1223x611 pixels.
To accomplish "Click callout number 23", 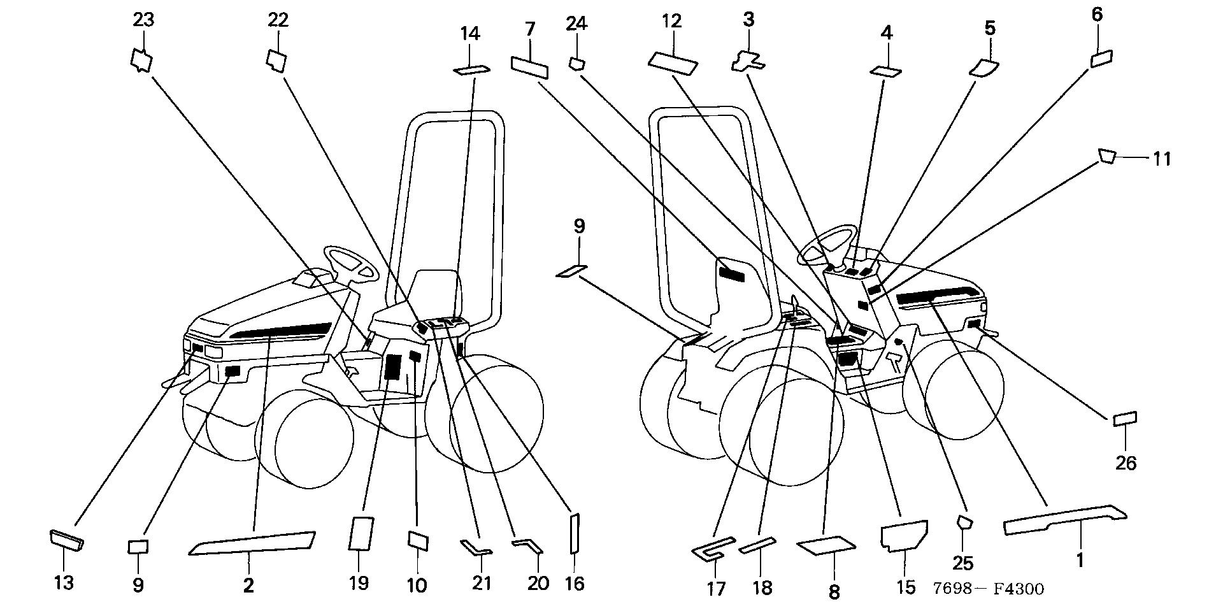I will click(x=143, y=20).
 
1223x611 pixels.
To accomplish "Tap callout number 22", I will click(x=278, y=20).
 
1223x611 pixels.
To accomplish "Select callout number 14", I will click(x=470, y=33).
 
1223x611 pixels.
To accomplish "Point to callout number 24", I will click(x=576, y=24).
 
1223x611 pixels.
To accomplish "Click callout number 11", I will click(x=1162, y=158).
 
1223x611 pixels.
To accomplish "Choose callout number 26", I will click(x=1126, y=463).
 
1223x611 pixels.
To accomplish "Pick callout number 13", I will click(x=64, y=582).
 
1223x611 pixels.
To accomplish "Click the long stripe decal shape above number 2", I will click(x=253, y=543).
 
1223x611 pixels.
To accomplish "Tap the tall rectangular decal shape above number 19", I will click(x=360, y=533).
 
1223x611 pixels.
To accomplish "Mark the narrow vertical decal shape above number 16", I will click(x=574, y=533).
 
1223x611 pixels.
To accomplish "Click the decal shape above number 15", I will click(x=903, y=535).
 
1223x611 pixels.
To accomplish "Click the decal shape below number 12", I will click(x=673, y=61).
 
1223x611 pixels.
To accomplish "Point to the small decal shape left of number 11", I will click(x=1107, y=157).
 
